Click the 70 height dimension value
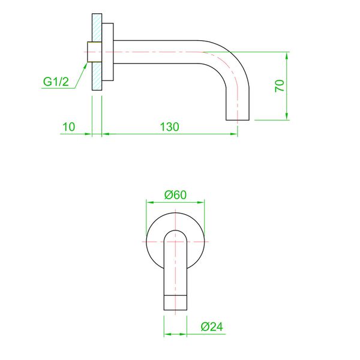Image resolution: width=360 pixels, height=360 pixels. [279, 85]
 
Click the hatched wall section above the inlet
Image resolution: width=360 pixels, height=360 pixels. [96, 28]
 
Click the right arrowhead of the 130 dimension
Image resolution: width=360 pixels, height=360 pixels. [234, 134]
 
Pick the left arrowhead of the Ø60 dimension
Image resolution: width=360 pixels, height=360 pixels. [149, 203]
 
